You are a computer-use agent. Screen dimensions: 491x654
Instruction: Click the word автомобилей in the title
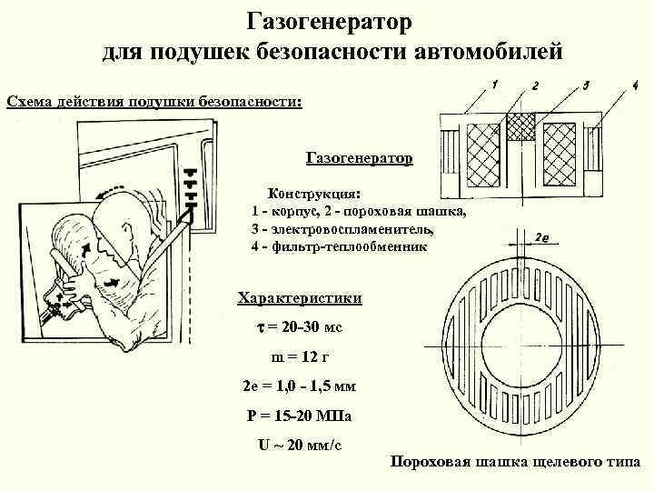[489, 49]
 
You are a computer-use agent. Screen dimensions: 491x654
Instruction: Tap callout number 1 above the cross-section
[494, 85]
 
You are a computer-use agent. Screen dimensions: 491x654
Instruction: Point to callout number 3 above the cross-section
[588, 85]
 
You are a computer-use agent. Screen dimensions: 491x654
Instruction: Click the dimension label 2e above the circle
[541, 237]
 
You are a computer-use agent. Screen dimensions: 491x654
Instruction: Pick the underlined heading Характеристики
[299, 298]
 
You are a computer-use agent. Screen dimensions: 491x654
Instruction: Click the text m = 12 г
[299, 356]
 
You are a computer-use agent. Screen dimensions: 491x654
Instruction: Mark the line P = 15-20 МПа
[299, 416]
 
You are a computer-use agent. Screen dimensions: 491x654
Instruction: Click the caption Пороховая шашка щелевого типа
[515, 462]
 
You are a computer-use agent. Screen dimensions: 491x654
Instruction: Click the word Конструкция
[312, 194]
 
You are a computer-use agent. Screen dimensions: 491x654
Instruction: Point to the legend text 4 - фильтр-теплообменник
[338, 246]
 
